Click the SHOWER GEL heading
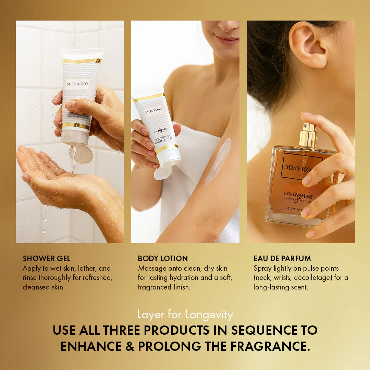tap(46, 258)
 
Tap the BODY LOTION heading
tap(163, 258)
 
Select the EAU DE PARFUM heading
tap(282, 258)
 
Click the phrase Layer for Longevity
tap(185, 314)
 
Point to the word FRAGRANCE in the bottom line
tap(270, 346)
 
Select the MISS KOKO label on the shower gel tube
tap(77, 84)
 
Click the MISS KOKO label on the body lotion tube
tap(154, 110)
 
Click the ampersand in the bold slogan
tap(129, 346)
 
